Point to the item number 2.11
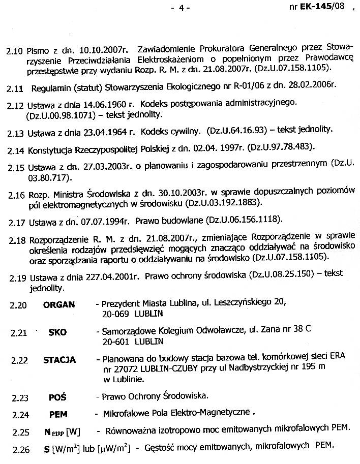coord(15,88)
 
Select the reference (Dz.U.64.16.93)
coord(237,130)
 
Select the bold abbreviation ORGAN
coord(59,305)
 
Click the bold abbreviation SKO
coord(57,332)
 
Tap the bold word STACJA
coord(59,360)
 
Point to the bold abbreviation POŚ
coord(57,397)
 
